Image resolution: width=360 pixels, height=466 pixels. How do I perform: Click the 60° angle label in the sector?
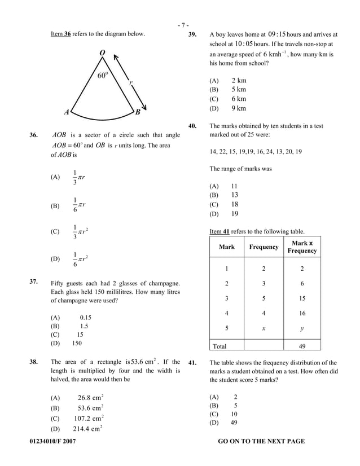pyautogui.click(x=103, y=76)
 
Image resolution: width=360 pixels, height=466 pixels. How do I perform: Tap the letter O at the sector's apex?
pyautogui.click(x=102, y=53)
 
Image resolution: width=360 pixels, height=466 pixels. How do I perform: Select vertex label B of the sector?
pyautogui.click(x=137, y=112)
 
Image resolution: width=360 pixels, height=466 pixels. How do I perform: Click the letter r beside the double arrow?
pyautogui.click(x=131, y=82)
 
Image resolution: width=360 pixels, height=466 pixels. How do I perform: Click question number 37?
pyautogui.click(x=33, y=280)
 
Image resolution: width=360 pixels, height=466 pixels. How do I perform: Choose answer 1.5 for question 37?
pyautogui.click(x=84, y=326)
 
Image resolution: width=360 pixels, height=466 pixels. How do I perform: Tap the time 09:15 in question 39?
pyautogui.click(x=280, y=34)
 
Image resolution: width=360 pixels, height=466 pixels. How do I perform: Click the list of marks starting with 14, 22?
pyautogui.click(x=256, y=151)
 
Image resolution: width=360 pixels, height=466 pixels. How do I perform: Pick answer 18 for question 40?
pyautogui.click(x=235, y=205)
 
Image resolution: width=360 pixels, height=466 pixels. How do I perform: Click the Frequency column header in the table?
pyautogui.click(x=264, y=247)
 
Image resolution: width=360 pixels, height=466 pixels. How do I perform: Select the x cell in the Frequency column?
pyautogui.click(x=264, y=328)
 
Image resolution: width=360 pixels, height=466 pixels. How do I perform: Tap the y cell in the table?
pyautogui.click(x=302, y=328)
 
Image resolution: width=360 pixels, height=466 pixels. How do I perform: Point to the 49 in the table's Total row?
pyautogui.click(x=302, y=345)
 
